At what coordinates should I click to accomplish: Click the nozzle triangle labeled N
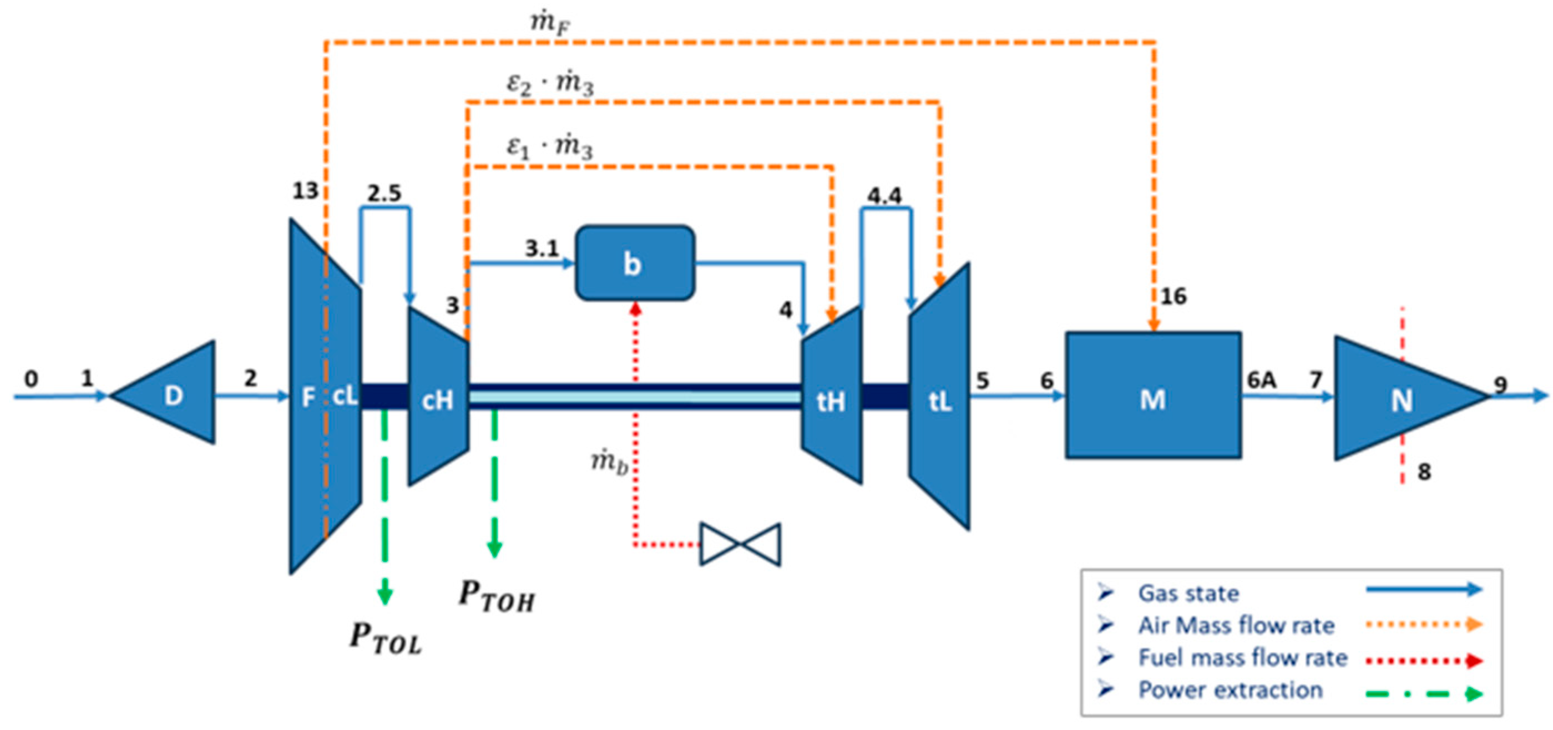click(x=1399, y=399)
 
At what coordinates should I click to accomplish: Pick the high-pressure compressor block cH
click(x=438, y=398)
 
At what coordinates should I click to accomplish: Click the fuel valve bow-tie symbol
click(x=740, y=544)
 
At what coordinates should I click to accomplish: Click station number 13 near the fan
click(x=305, y=191)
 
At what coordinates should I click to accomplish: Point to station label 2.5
click(x=384, y=193)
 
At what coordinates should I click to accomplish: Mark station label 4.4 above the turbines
click(x=884, y=195)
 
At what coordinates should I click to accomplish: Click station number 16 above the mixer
click(x=1173, y=296)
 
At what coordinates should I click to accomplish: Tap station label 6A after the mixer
click(x=1261, y=381)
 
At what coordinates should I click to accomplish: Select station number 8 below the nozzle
click(x=1424, y=472)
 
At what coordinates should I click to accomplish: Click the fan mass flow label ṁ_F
click(x=550, y=23)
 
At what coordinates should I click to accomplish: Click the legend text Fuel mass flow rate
click(x=1242, y=658)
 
